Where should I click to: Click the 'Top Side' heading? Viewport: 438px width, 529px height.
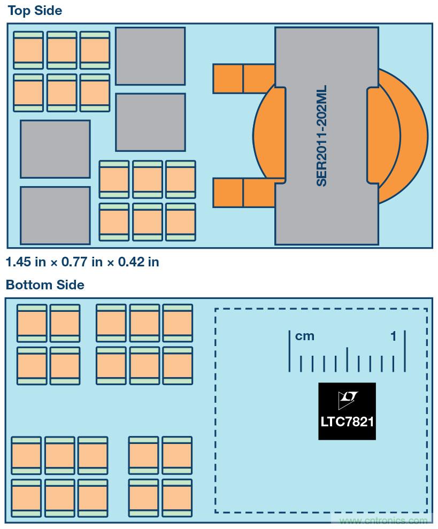(35, 10)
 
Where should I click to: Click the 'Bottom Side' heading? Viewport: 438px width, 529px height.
(45, 285)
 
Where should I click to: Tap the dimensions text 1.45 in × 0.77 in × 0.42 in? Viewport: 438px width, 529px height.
(82, 262)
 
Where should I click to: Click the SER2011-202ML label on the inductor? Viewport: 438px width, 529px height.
(321, 136)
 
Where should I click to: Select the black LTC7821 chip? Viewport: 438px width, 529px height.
(347, 411)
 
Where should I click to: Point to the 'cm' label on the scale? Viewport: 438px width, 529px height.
(305, 336)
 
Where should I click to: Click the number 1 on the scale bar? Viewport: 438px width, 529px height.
(394, 336)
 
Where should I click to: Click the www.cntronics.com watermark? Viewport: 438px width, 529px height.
(383, 521)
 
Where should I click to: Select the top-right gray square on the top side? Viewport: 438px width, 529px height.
(150, 56)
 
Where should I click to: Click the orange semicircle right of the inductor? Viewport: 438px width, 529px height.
(406, 136)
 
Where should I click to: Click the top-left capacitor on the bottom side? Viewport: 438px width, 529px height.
(32, 323)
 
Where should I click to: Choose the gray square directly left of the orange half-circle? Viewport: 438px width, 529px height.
(150, 122)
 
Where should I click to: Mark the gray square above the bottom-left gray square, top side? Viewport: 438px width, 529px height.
(55, 149)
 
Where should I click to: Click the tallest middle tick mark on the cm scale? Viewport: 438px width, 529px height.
(347, 359)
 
